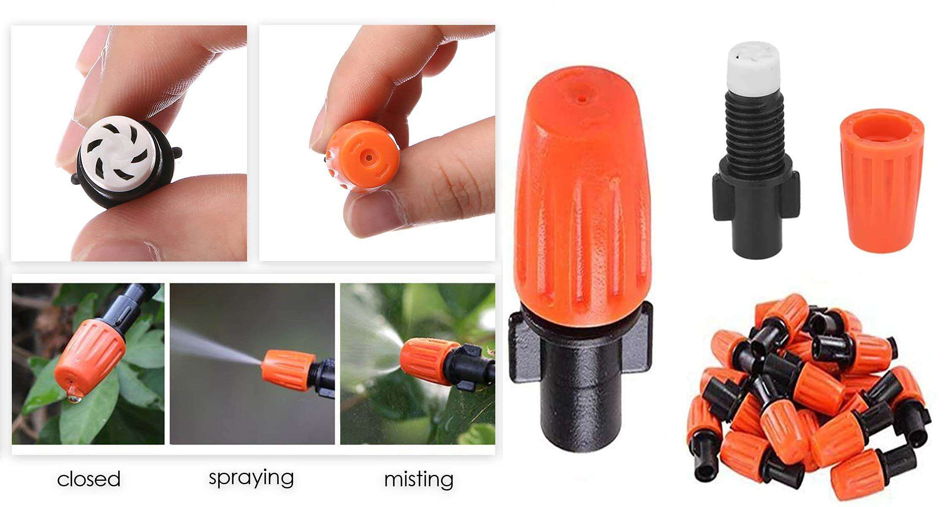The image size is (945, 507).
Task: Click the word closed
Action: [89, 479]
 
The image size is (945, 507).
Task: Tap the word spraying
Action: [251, 478]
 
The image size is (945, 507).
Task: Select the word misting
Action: [418, 479]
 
